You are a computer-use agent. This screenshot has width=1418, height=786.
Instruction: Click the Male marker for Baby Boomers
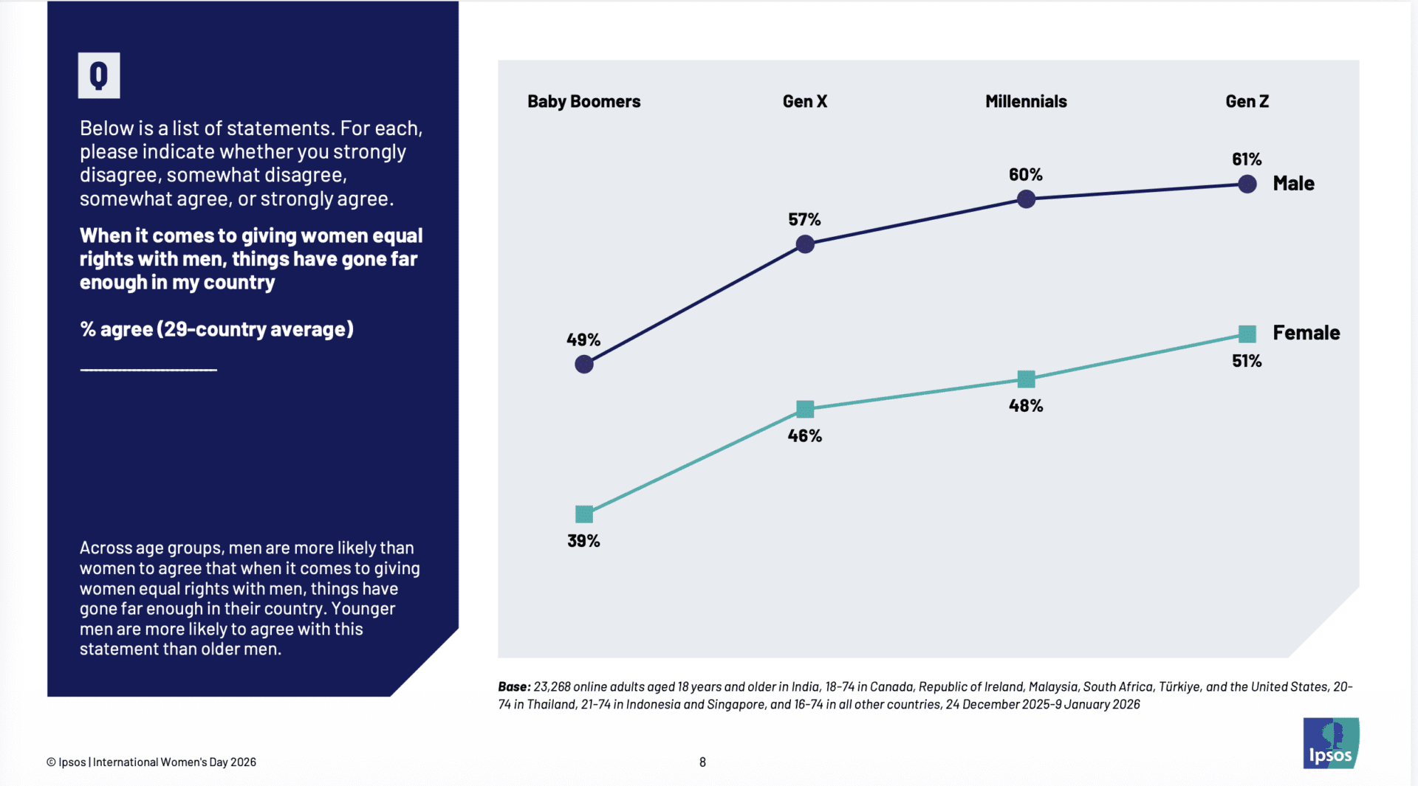pos(584,364)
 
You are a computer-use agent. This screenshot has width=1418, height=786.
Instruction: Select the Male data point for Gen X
pos(805,244)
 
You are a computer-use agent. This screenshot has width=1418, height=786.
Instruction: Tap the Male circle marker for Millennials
pos(1026,199)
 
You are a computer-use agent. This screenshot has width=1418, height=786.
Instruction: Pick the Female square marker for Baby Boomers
pos(584,514)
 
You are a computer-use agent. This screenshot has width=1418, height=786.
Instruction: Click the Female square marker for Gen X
pos(805,409)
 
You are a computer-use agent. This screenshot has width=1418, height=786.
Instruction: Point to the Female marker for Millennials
pos(1026,379)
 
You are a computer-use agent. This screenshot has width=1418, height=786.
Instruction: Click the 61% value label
pos(1247,159)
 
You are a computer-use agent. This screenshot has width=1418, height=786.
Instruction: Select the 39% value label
pos(583,541)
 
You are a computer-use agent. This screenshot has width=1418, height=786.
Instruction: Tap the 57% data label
pos(804,220)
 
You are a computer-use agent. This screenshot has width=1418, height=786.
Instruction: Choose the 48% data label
pos(1026,406)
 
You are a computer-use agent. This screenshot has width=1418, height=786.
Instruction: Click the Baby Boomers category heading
pos(583,102)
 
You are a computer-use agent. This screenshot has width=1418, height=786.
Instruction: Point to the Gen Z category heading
pos(1247,102)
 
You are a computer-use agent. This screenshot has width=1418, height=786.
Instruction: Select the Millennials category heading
pos(1026,102)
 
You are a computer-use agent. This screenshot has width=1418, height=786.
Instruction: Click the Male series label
pos(1293,184)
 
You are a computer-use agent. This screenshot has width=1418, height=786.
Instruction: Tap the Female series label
pos(1306,333)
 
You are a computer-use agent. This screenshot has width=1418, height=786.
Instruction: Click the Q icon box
pos(99,75)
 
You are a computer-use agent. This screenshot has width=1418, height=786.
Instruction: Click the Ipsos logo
pos(1331,743)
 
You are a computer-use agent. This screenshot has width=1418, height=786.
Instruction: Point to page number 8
pos(702,762)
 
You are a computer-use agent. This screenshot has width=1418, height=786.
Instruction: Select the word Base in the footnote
pos(513,687)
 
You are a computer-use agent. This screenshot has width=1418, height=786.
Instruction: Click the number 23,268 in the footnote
pos(552,687)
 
